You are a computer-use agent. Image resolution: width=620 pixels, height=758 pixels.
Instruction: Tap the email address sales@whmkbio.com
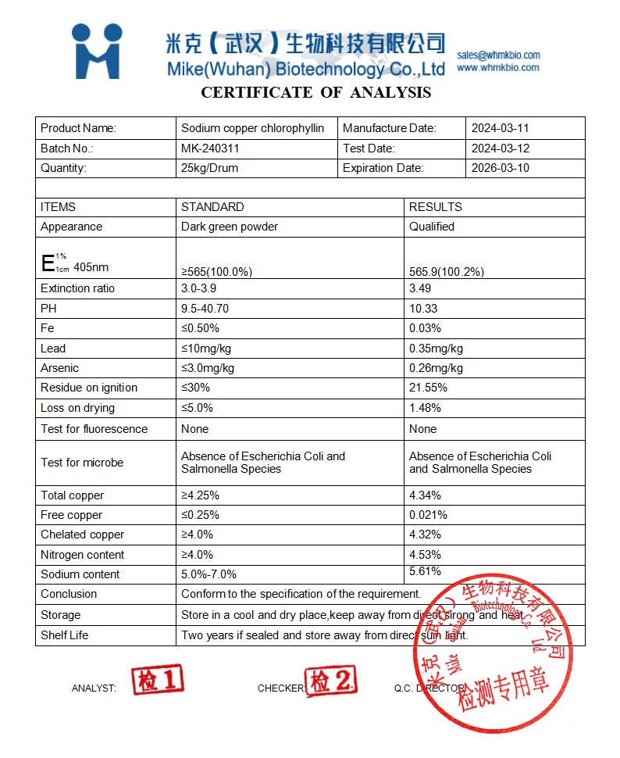point(498,55)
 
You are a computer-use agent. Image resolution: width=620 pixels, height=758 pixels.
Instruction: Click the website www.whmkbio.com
point(498,68)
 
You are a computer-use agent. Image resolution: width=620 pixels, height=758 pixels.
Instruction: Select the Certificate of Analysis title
point(316,92)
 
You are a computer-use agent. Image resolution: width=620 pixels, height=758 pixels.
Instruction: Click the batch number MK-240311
point(210,148)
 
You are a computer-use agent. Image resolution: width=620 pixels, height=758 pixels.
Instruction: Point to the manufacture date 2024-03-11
point(501,128)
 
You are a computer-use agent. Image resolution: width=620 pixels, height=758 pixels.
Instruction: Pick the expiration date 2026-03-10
point(501,168)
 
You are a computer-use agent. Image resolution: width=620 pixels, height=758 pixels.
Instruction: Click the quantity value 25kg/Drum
point(209,168)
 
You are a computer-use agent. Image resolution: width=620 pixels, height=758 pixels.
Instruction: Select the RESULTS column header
point(436,207)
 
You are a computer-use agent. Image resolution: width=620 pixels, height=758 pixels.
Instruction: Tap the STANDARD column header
point(212,207)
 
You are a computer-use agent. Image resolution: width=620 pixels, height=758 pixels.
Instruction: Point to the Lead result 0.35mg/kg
point(436,349)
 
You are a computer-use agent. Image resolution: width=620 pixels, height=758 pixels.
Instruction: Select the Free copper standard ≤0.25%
point(200,515)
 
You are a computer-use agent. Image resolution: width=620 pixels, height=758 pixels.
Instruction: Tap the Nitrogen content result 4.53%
point(425,555)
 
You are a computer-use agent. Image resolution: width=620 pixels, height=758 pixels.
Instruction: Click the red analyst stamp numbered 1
point(158,681)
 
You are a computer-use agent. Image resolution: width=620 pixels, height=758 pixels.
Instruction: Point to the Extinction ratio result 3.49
point(420,288)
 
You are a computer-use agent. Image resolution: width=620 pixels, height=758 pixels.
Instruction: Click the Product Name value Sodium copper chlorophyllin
point(252,128)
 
